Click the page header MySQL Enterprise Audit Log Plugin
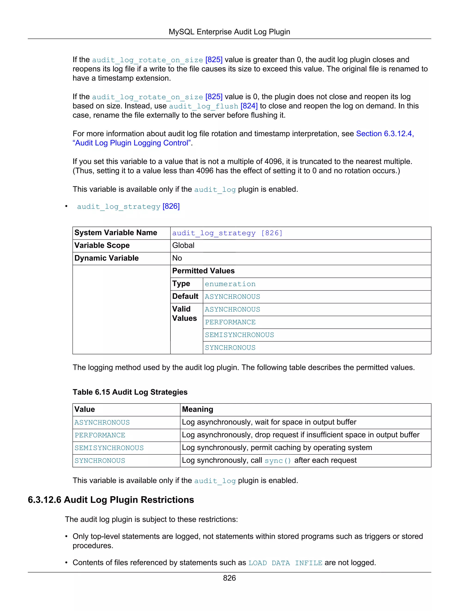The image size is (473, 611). (229, 32)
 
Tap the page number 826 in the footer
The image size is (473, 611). (229, 578)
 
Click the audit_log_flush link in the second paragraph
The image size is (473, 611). (203, 106)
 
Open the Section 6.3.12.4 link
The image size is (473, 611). (385, 134)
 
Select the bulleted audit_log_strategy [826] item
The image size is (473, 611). (128, 206)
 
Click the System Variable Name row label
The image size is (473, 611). (116, 233)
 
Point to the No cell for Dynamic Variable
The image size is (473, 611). (177, 258)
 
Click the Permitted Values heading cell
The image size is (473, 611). (203, 271)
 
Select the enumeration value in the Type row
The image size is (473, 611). (230, 284)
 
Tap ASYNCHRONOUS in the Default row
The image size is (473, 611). (232, 297)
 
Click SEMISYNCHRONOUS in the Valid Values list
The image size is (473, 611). (239, 335)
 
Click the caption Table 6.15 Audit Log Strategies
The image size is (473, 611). (130, 392)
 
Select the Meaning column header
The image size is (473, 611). (197, 409)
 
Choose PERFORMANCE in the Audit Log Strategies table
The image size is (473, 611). (100, 435)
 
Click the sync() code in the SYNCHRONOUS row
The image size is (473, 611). (278, 461)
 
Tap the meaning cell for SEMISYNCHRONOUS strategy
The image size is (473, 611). (277, 448)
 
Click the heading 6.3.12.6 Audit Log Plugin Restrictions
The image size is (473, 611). (111, 500)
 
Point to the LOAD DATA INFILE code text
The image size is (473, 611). (285, 563)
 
